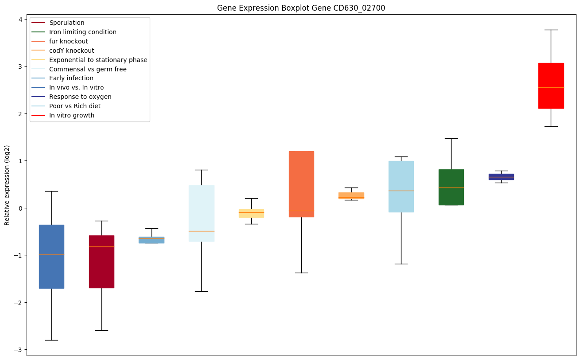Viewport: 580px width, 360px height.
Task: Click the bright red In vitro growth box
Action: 551,86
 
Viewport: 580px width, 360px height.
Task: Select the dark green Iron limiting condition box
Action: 451,187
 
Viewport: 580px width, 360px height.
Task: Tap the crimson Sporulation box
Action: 101,262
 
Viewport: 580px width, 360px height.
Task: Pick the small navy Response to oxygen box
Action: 501,176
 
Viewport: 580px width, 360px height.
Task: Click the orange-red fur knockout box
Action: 301,184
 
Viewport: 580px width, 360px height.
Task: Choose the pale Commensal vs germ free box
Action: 201,213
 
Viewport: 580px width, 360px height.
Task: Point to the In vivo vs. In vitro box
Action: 51,257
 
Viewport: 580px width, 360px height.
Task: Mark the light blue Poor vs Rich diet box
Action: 401,187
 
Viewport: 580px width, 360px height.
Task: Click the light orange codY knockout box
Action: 351,196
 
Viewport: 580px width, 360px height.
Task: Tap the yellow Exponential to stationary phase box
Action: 251,213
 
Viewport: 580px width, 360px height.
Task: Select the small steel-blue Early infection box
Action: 152,240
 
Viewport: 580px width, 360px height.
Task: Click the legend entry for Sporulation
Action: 66,23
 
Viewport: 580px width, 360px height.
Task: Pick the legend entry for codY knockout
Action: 71,51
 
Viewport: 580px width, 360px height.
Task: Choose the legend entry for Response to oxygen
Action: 80,97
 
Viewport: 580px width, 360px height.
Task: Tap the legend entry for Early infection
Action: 71,78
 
